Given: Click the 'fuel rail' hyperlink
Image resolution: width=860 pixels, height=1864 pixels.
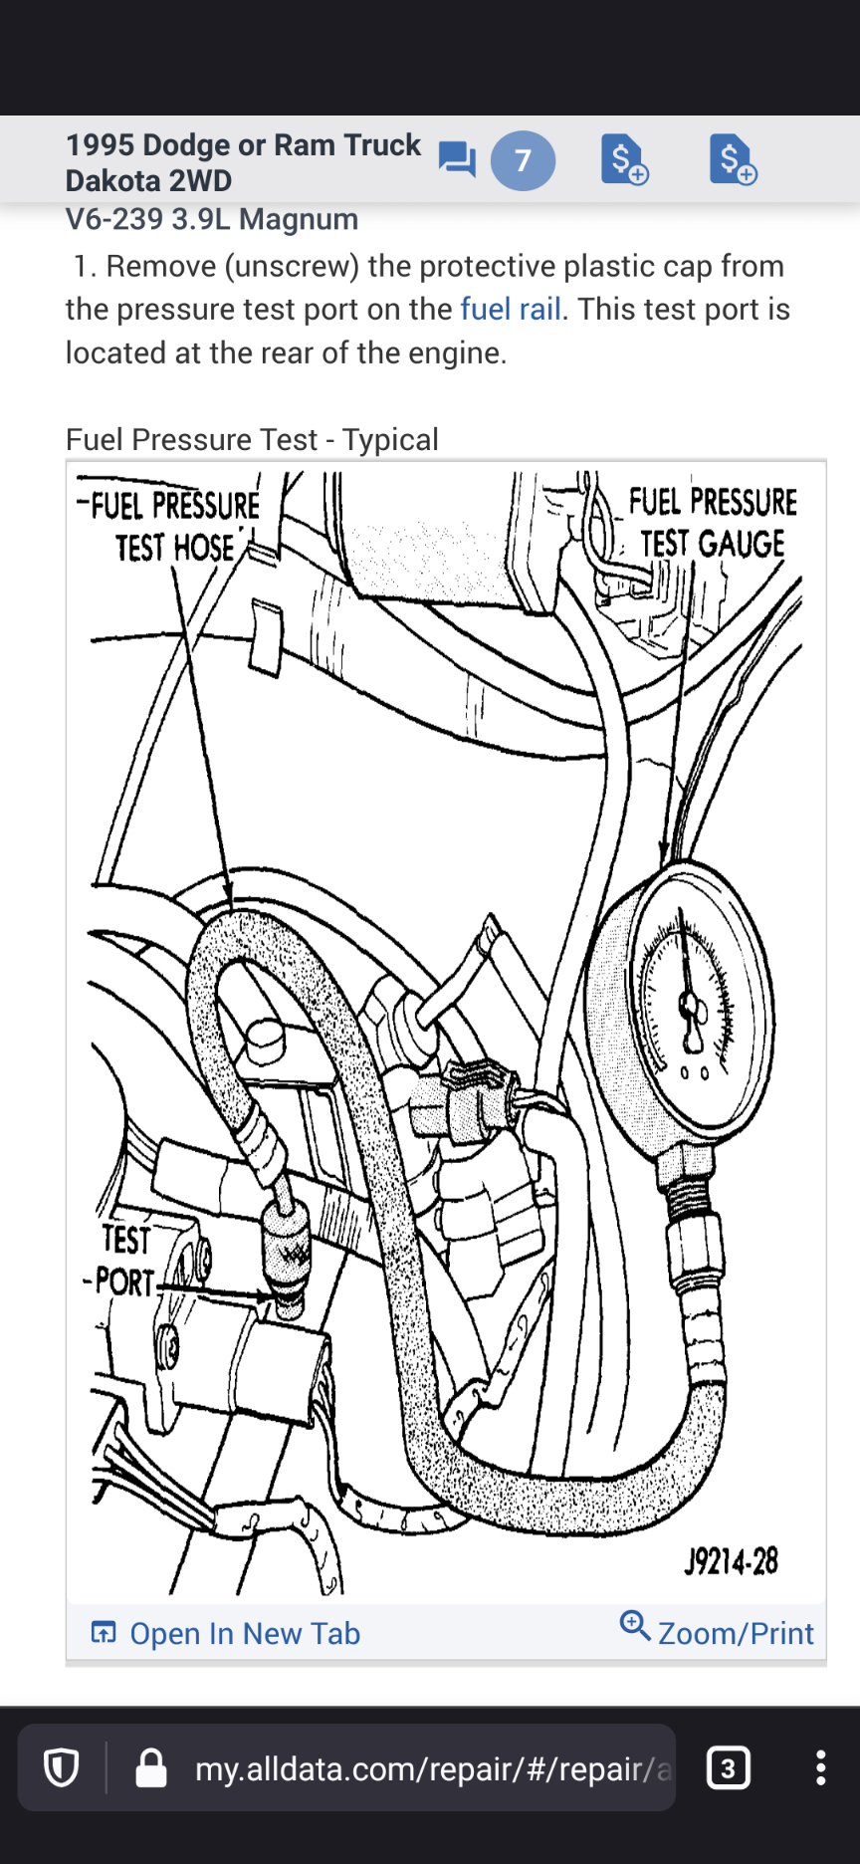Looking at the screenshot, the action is pos(511,310).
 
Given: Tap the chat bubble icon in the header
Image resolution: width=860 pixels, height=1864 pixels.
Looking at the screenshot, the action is pos(457,159).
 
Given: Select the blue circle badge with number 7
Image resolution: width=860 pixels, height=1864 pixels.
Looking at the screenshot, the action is pos(523,160).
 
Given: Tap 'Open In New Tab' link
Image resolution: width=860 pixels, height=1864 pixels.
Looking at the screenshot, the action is pos(245,1634).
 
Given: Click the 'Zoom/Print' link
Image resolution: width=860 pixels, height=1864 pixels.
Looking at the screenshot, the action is pos(735,1634).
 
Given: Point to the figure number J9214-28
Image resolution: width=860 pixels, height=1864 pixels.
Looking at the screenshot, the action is pos(731,1561).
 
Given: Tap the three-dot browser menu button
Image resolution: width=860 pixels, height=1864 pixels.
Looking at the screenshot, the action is pos(820,1767).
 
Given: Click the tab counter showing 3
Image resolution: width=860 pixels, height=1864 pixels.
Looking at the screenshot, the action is pos(728,1767).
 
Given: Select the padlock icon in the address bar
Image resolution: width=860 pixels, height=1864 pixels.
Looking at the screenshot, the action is pos(151,1768).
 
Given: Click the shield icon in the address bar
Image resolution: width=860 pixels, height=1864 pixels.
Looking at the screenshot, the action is pos(62,1768).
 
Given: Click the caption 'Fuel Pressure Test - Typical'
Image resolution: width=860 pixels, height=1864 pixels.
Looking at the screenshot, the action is pos(252,440).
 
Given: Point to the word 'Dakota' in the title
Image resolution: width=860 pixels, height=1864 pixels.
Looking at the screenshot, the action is pos(107,181).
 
